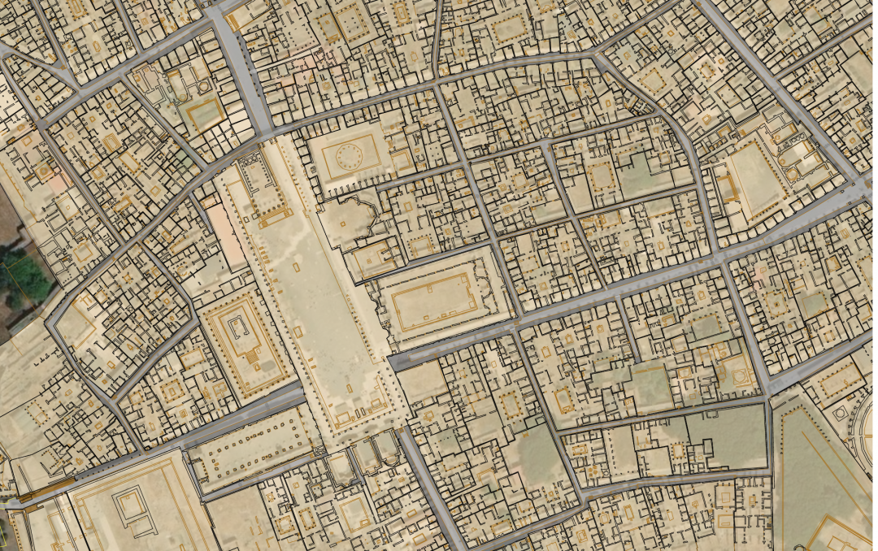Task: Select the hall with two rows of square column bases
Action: click(x=253, y=447)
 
